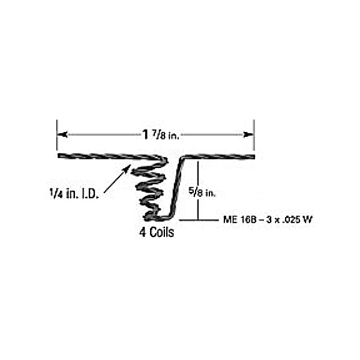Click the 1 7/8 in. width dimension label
[160, 135]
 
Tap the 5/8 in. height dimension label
[202, 192]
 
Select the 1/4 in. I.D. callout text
[74, 194]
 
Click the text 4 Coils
[157, 232]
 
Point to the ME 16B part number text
[268, 220]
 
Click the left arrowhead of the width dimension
[62, 134]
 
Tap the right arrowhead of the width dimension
[248, 134]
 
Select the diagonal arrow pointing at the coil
[118, 179]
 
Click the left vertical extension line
[57, 135]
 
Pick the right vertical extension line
[254, 135]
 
